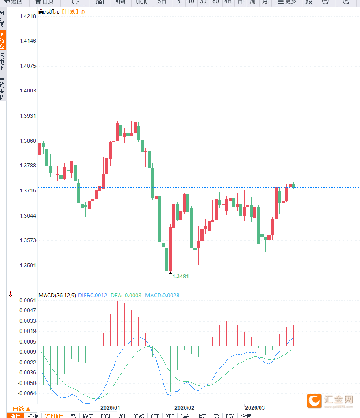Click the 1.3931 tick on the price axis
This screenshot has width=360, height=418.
click(x=28, y=116)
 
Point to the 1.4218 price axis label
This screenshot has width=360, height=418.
click(x=28, y=16)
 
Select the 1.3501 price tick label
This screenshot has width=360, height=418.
click(x=28, y=266)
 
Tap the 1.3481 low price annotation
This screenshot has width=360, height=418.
click(x=181, y=277)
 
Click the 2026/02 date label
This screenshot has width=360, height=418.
click(x=184, y=408)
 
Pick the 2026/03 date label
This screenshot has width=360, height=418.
click(x=255, y=408)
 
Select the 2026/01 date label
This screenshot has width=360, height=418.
click(x=110, y=408)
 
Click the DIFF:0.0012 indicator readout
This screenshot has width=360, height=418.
click(x=93, y=296)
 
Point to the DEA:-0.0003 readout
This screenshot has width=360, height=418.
click(x=126, y=296)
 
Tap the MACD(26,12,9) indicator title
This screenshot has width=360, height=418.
click(x=57, y=296)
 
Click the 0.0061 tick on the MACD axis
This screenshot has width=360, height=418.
click(x=28, y=300)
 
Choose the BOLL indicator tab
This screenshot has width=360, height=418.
click(x=106, y=416)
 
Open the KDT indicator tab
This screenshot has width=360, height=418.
click(x=170, y=416)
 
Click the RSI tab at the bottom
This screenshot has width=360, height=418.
click(x=202, y=416)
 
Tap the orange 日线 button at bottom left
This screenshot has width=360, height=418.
click(x=22, y=408)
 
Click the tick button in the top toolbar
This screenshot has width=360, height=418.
click(x=141, y=2)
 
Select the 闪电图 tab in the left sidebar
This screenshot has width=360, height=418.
click(x=3, y=62)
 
